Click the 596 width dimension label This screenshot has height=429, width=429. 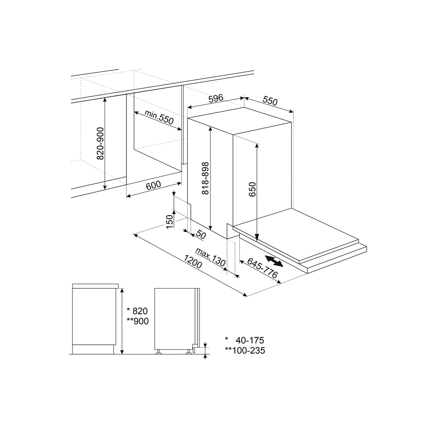click(216, 98)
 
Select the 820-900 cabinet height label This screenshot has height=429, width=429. click(100, 143)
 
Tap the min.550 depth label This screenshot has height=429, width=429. click(159, 117)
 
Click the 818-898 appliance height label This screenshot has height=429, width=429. click(205, 178)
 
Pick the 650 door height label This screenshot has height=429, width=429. click(252, 189)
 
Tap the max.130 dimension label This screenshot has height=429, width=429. click(210, 257)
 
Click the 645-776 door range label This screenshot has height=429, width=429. click(262, 268)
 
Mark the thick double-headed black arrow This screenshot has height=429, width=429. click(274, 261)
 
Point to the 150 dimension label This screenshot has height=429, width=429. click(170, 222)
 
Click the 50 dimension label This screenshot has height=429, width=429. click(201, 235)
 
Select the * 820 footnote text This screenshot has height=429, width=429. click(137, 311)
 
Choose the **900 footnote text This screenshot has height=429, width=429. click(137, 321)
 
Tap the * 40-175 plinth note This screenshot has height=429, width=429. click(245, 340)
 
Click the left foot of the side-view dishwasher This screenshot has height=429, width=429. click(158, 352)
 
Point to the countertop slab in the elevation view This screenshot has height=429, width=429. click(95, 286)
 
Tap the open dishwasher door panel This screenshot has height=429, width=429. click(296, 236)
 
